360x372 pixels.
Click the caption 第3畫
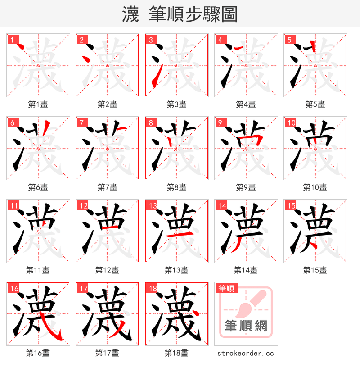[176, 104]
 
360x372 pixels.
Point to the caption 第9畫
[246, 187]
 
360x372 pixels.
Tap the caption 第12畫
[107, 270]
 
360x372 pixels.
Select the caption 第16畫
[38, 353]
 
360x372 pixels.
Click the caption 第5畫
[315, 104]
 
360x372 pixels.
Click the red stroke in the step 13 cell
[177, 236]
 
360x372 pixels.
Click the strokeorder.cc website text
[246, 354]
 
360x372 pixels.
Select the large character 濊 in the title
[130, 14]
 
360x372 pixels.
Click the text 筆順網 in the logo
[246, 326]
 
